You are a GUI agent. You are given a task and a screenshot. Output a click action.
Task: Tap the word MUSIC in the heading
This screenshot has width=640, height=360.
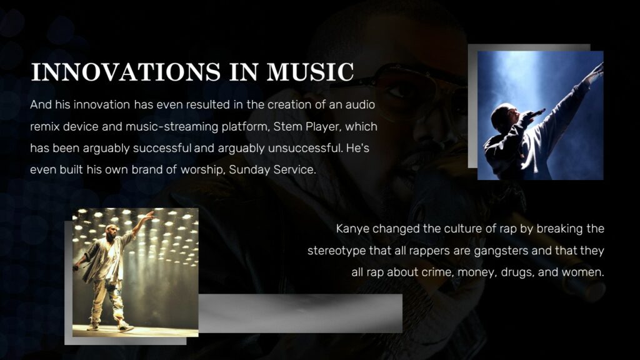(x=310, y=72)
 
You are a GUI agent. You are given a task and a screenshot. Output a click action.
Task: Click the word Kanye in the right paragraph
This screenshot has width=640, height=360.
(x=353, y=229)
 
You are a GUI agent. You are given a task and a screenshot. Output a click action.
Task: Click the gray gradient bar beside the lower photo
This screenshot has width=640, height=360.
(x=300, y=312)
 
